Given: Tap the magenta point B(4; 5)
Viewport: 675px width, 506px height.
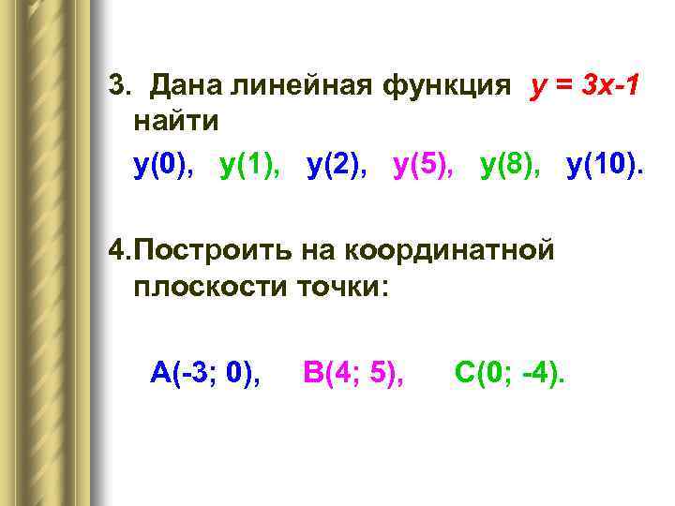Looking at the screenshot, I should [353, 373].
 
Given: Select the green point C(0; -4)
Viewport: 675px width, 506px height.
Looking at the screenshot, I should [510, 373].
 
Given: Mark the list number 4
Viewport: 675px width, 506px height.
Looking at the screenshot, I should [116, 250].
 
